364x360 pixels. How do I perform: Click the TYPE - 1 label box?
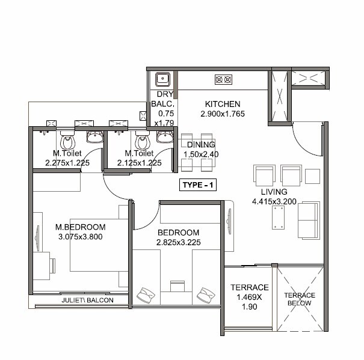point(199,186)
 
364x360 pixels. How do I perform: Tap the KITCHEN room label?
point(223,103)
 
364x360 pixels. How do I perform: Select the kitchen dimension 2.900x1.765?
point(223,114)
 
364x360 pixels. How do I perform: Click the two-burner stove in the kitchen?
point(223,78)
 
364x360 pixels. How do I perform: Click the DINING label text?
point(197,145)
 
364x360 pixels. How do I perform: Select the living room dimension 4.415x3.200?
point(274,201)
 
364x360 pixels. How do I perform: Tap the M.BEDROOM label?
point(80,227)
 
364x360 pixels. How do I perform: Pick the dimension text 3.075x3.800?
point(80,237)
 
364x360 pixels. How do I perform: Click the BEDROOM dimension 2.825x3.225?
point(178,243)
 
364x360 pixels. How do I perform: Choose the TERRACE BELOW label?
point(300,299)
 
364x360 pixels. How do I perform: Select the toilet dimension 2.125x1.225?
point(139,162)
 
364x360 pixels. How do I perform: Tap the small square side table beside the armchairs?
point(312,175)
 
